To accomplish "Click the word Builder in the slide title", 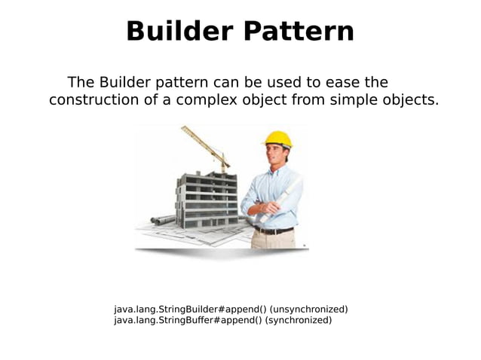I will coord(177,32).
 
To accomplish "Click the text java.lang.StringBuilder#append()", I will coord(190,310).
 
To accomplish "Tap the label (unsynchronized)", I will coord(309,310).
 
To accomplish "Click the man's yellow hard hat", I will coord(278,139).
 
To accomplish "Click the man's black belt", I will coord(273,230).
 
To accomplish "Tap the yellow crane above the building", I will coord(207,146).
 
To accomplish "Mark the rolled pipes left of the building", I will coord(164,219).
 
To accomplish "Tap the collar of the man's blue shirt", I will coord(277,172).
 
